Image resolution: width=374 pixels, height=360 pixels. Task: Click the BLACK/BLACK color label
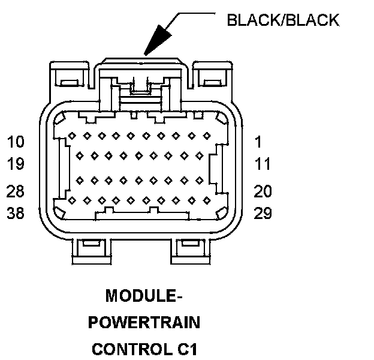pyautogui.click(x=283, y=20)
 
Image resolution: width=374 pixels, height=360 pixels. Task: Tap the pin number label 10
pyautogui.click(x=16, y=142)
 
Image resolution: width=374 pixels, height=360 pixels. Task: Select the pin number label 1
pyautogui.click(x=258, y=142)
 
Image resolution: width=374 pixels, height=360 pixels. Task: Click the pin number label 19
pyautogui.click(x=16, y=163)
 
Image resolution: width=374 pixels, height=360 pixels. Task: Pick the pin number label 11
pyautogui.click(x=262, y=163)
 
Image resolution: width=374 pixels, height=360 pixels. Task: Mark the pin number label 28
pyautogui.click(x=16, y=191)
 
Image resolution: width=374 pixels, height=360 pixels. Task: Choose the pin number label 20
pyautogui.click(x=263, y=191)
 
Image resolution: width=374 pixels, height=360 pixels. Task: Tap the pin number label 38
pyautogui.click(x=16, y=212)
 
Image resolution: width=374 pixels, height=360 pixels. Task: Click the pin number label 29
pyautogui.click(x=263, y=212)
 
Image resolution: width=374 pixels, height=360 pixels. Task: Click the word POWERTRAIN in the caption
pyautogui.click(x=144, y=322)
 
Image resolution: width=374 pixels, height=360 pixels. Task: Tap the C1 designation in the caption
pyautogui.click(x=185, y=349)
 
